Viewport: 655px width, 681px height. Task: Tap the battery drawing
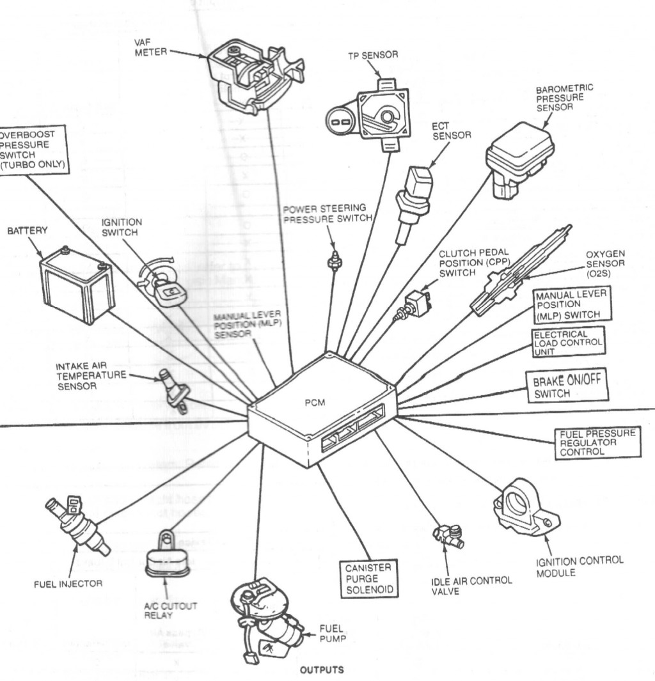pos(77,283)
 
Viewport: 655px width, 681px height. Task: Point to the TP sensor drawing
pos(371,114)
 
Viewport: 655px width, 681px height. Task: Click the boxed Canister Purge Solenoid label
pos(368,579)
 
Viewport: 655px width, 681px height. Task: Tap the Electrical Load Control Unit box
pos(569,343)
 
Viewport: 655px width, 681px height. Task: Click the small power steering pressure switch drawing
pos(333,261)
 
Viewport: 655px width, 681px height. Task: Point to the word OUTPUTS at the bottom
pos(321,671)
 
